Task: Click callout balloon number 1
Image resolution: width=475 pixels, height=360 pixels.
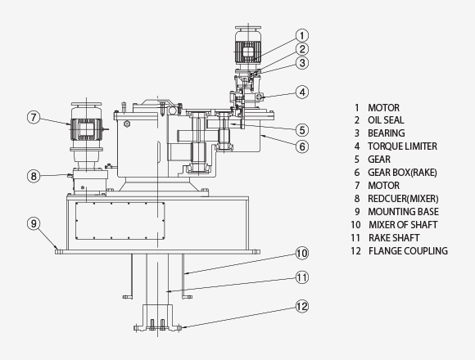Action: (x=302, y=35)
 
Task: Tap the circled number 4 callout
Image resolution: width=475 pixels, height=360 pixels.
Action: (x=302, y=92)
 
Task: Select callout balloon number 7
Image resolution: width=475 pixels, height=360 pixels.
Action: (x=34, y=117)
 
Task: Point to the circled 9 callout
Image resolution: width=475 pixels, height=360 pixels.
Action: (x=34, y=223)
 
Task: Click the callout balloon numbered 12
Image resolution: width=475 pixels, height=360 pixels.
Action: (x=302, y=308)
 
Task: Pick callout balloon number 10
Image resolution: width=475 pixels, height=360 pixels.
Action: (x=302, y=253)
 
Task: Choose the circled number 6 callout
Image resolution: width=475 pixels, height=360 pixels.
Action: (x=302, y=146)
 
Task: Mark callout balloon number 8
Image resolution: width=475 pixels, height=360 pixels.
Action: (x=34, y=175)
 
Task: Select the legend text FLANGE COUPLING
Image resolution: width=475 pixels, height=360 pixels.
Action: (x=408, y=251)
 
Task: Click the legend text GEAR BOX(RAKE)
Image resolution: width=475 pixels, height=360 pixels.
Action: (x=403, y=173)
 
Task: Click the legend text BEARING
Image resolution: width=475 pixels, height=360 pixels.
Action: (x=386, y=133)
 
